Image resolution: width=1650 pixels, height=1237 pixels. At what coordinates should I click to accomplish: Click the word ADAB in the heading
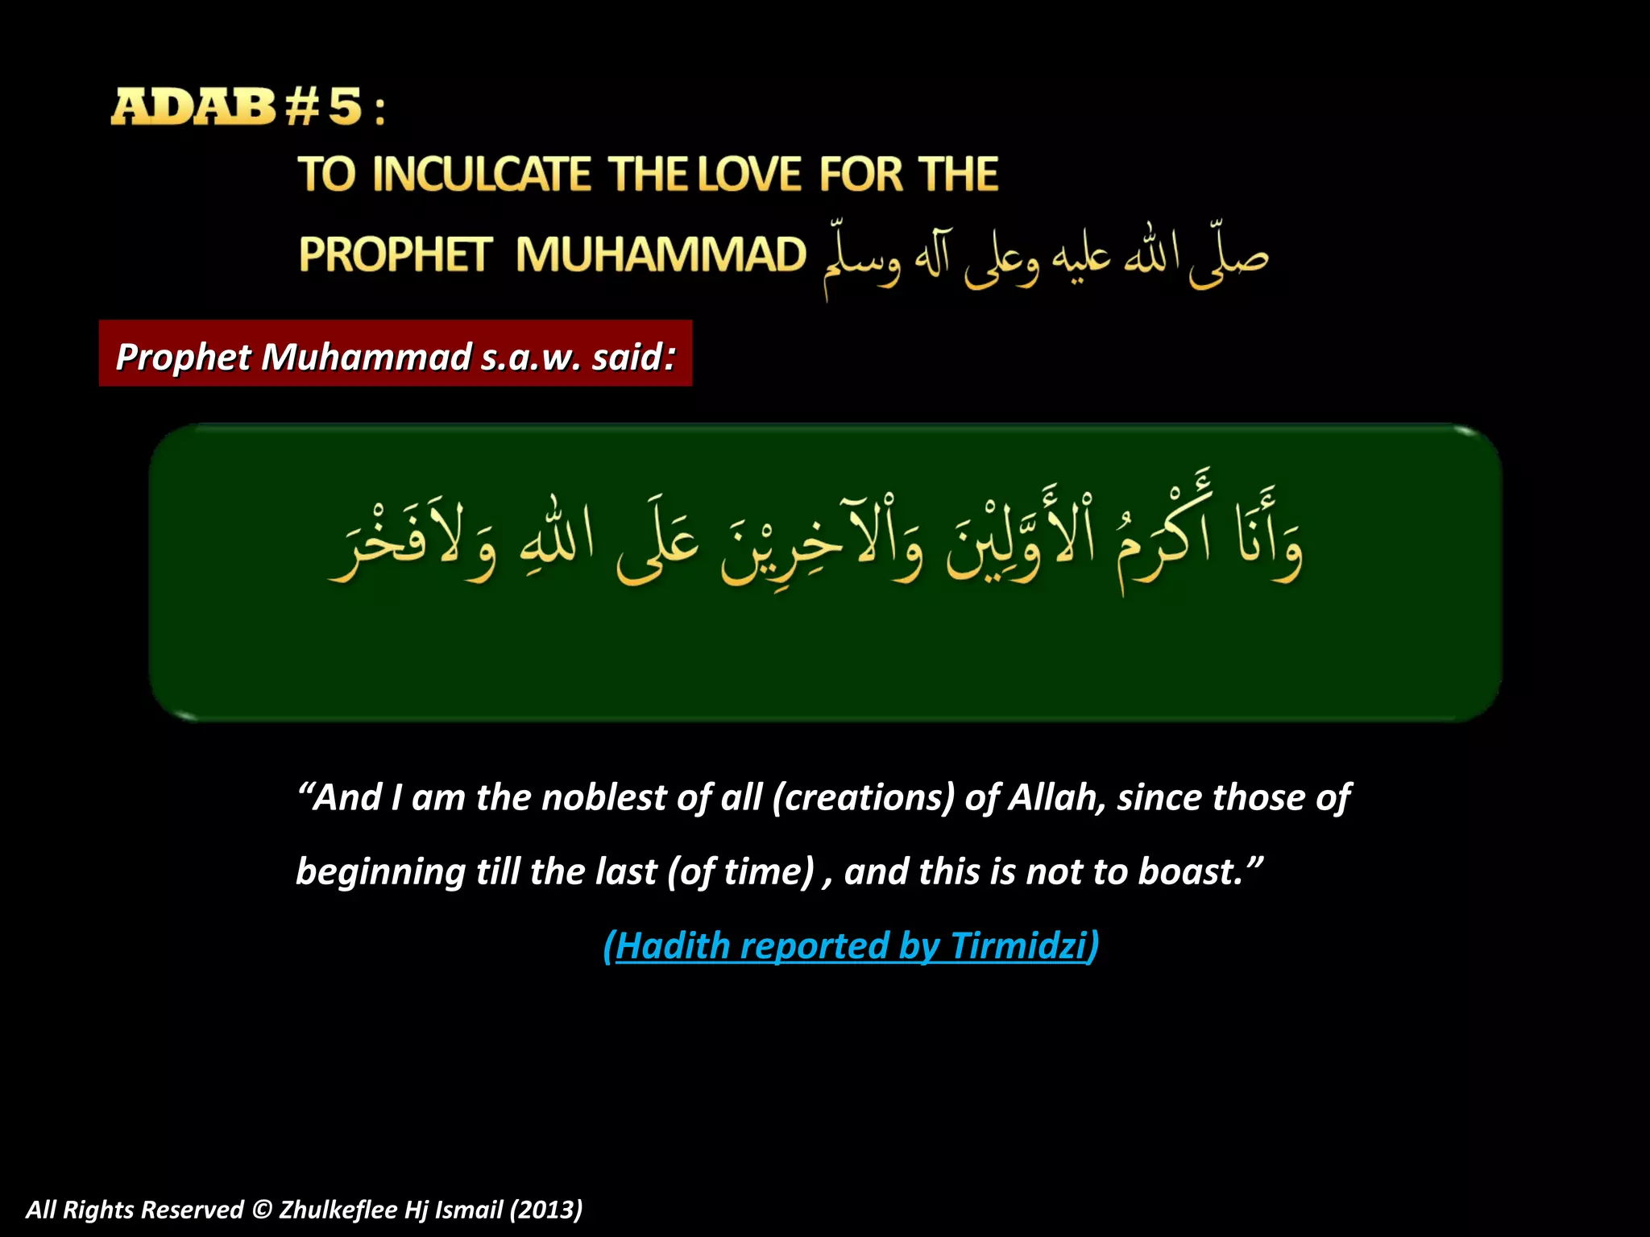coord(193,107)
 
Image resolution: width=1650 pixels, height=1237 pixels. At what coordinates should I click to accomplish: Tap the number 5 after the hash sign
coord(345,107)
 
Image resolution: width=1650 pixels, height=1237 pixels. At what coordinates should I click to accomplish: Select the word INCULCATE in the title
coord(482,175)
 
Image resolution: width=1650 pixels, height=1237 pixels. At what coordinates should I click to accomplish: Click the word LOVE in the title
coord(750,175)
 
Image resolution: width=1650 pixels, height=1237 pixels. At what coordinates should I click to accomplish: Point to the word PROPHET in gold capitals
coord(395,254)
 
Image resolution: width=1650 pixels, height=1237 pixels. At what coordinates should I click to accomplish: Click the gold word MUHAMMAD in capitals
coord(661,254)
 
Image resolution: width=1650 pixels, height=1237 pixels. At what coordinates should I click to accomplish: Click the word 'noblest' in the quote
coord(604,797)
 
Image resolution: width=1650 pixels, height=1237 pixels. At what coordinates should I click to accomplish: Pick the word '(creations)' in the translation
coord(863,797)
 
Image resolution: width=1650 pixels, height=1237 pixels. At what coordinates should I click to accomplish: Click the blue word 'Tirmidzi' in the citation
coord(1018,945)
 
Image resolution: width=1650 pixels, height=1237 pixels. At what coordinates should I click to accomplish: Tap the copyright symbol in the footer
coord(262,1210)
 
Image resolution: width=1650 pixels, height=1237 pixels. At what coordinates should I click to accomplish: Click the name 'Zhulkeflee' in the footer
coord(338,1210)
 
